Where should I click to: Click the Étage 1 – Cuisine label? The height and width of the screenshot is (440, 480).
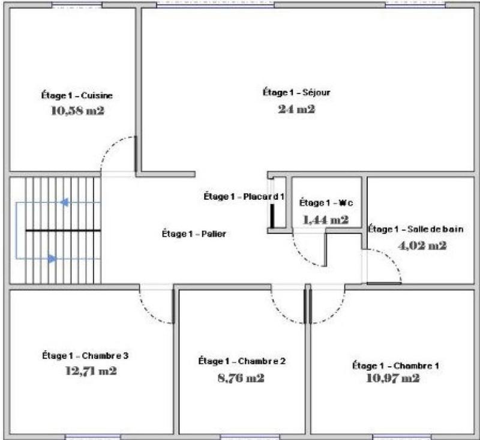[77, 95]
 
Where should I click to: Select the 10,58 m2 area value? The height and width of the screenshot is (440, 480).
[77, 110]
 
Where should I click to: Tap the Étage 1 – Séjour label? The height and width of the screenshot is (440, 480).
[296, 92]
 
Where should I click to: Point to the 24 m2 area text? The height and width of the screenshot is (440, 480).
[296, 109]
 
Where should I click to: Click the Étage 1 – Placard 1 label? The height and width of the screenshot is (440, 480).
[244, 196]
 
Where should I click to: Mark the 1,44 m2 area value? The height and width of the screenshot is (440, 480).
[326, 220]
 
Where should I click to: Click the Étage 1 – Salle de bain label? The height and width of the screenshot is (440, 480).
[415, 229]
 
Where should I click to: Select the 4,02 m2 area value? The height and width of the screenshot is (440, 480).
[422, 245]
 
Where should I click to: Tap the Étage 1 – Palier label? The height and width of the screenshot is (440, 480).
[194, 234]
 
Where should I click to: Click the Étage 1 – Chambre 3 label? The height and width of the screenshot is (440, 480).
[85, 355]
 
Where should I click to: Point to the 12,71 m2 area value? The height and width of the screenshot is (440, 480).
[91, 370]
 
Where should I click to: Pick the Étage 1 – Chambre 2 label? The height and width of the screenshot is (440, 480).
[241, 361]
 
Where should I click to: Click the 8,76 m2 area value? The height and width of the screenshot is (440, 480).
[241, 378]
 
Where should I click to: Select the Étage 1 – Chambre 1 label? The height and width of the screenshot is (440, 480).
[391, 365]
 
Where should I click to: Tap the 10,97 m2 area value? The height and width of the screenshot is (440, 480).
[393, 378]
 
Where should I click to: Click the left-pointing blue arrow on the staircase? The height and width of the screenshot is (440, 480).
[64, 202]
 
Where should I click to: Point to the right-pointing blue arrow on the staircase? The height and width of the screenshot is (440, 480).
[52, 259]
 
